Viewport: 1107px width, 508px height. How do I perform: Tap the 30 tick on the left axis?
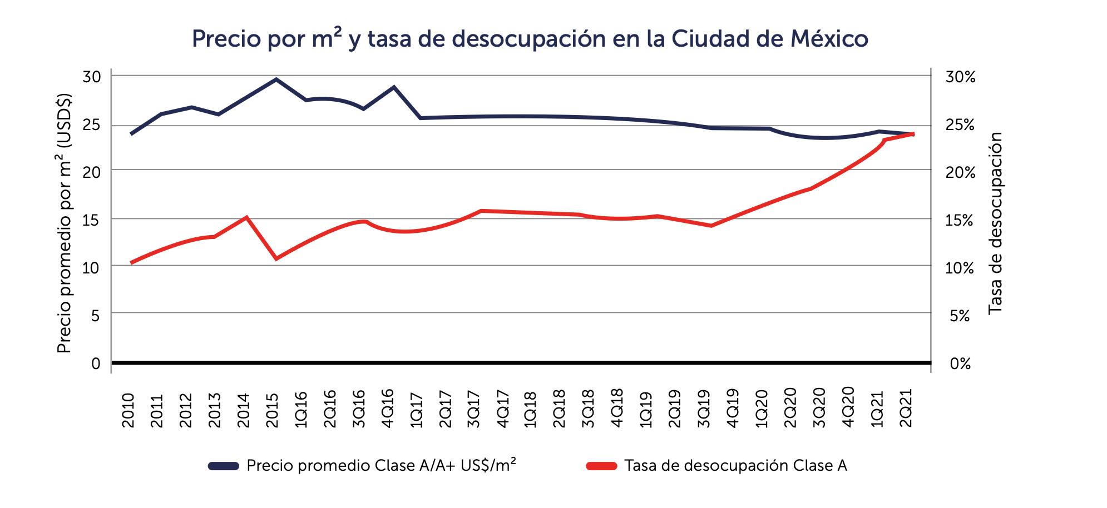point(92,77)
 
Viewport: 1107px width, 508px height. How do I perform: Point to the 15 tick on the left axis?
point(92,220)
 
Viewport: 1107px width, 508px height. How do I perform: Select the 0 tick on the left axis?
point(96,363)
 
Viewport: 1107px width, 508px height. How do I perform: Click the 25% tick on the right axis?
point(961,125)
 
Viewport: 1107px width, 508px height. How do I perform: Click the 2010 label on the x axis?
point(129,410)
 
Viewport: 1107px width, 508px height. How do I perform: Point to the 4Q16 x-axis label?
point(388,409)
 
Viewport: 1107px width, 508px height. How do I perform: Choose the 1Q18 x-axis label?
point(531,409)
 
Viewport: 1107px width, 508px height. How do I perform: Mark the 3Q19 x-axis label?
point(704,409)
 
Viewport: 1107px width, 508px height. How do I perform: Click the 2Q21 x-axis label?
point(906,409)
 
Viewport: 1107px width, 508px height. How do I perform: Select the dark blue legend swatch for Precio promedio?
point(224,466)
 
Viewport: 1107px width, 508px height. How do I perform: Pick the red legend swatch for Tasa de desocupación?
point(601,466)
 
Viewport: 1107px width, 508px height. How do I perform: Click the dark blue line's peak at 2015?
point(276,79)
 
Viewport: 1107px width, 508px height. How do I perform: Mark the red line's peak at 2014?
point(246,217)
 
